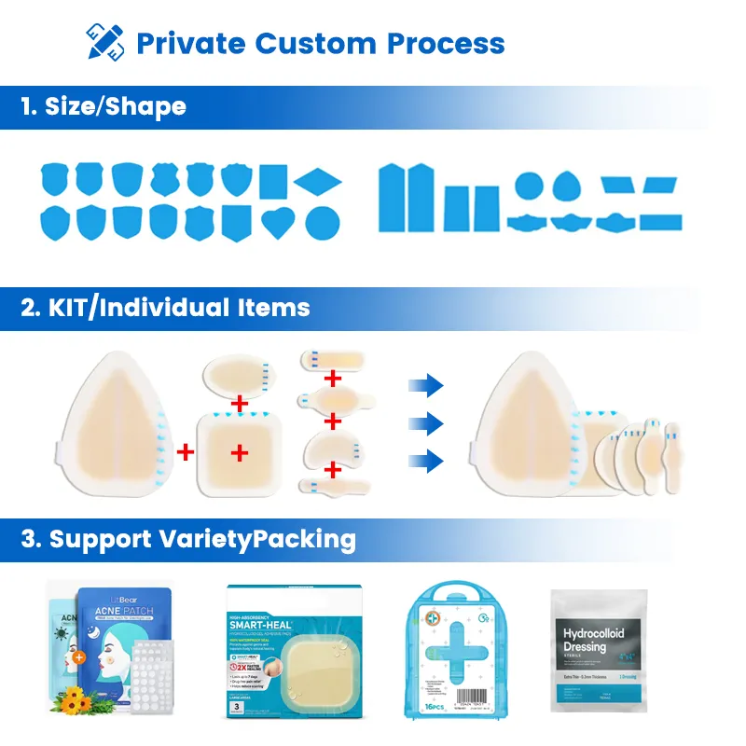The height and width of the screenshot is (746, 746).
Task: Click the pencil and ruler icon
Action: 104,42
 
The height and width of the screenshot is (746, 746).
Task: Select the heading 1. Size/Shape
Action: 104,105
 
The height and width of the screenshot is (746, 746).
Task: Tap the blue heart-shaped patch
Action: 278,221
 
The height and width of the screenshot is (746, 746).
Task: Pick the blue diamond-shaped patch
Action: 319,179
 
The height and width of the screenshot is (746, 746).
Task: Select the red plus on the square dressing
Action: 240,453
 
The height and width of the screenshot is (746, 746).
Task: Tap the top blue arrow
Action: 427,384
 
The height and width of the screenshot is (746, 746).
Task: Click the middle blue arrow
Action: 427,422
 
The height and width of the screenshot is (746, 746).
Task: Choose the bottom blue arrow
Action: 427,459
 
